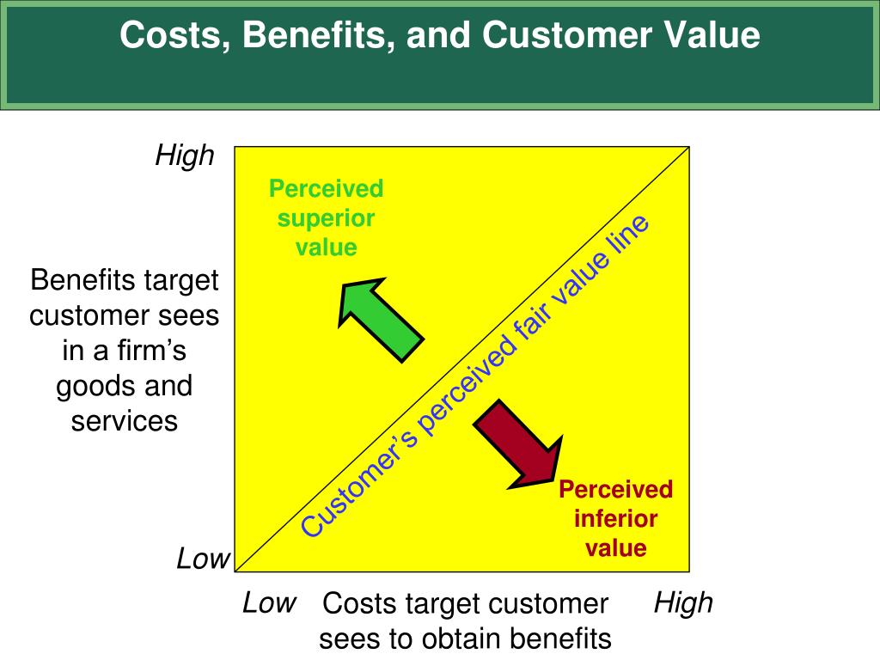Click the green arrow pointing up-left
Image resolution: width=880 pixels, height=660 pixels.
click(x=378, y=317)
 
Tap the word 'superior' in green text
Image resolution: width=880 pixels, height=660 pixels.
click(x=326, y=218)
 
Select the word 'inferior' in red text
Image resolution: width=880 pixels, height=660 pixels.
click(x=615, y=519)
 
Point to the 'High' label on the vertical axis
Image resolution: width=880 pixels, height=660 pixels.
click(x=184, y=156)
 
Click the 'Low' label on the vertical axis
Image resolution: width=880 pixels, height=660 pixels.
click(x=204, y=559)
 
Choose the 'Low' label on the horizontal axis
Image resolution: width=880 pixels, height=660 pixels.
click(x=269, y=602)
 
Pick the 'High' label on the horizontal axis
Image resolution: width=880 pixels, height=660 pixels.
click(x=683, y=602)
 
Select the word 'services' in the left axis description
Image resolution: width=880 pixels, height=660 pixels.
click(x=125, y=421)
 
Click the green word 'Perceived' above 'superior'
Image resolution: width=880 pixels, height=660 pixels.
click(x=326, y=188)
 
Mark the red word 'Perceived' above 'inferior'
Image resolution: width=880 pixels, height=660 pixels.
click(x=615, y=490)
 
